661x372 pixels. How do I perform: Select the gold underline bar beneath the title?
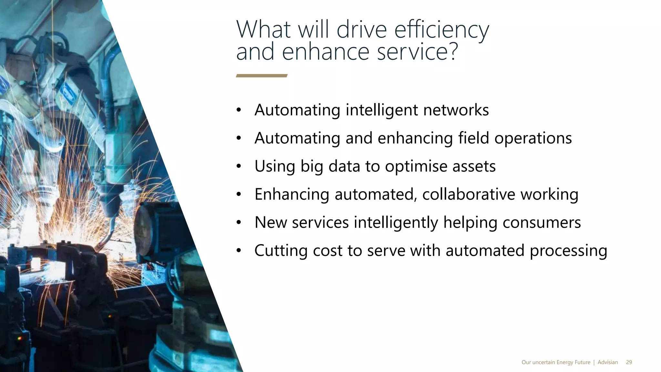pyautogui.click(x=262, y=76)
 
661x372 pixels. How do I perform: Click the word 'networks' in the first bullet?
pyautogui.click(x=456, y=110)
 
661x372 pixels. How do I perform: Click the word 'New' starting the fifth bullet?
pyautogui.click(x=270, y=222)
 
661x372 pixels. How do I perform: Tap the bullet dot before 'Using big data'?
pyautogui.click(x=239, y=167)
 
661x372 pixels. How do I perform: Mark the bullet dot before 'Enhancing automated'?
pyautogui.click(x=239, y=194)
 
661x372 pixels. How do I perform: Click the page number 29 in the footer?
pyautogui.click(x=629, y=362)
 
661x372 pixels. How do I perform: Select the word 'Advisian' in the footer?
pyautogui.click(x=608, y=362)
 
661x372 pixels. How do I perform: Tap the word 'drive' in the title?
pyautogui.click(x=361, y=30)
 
